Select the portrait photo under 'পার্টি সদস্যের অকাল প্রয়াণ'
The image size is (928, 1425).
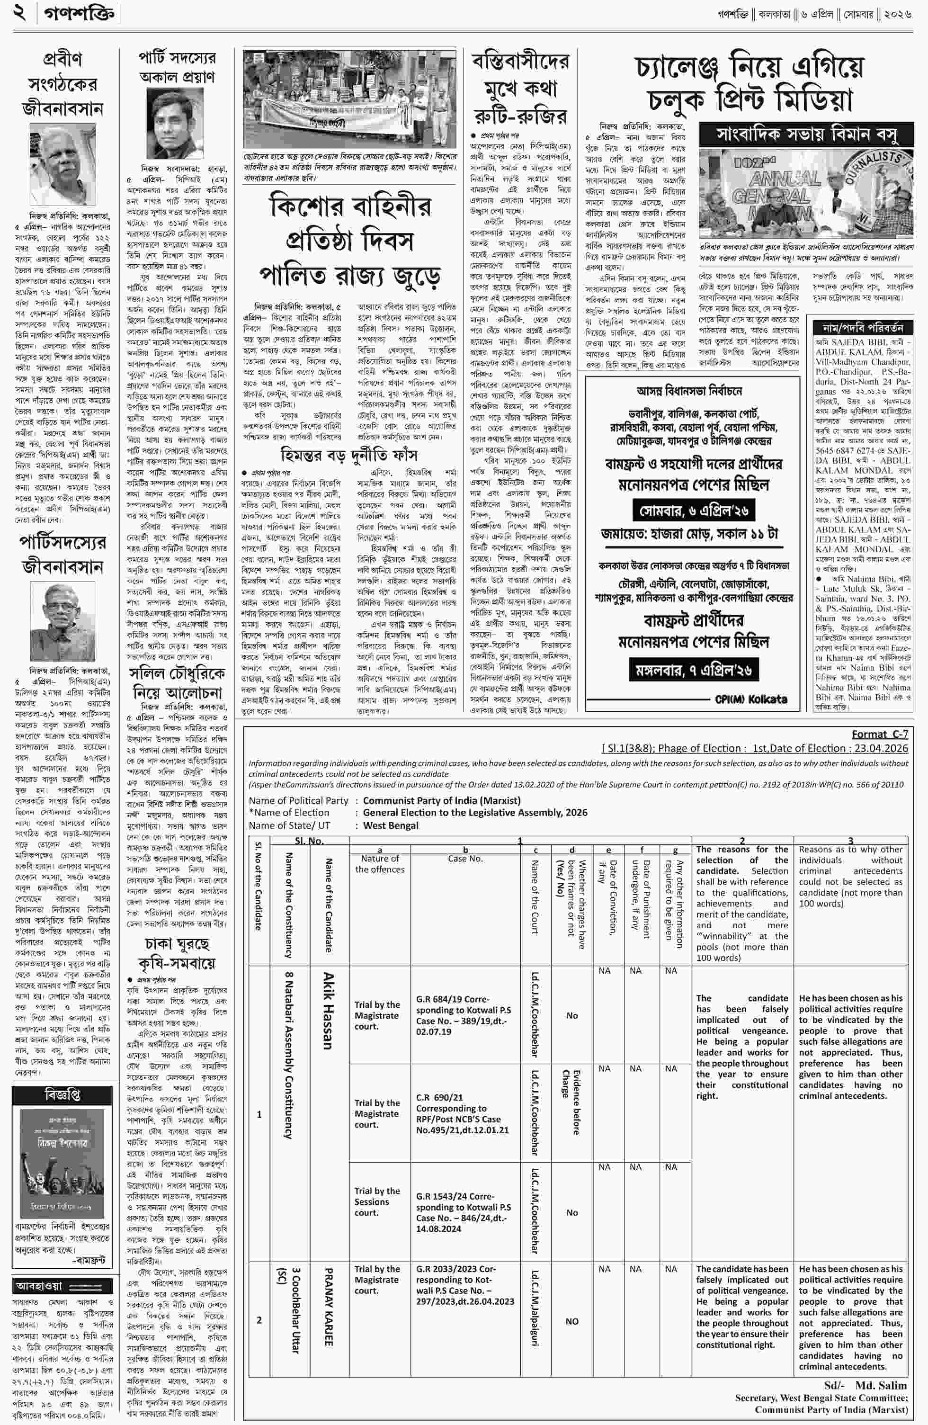(x=175, y=123)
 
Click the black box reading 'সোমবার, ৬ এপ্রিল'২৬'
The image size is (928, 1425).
(x=693, y=511)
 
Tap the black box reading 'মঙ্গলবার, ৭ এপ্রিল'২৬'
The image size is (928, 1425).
(x=693, y=669)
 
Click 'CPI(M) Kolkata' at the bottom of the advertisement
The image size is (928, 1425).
(x=751, y=699)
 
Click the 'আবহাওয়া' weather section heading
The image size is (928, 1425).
(x=39, y=1286)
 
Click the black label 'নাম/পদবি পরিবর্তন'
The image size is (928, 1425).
(x=862, y=328)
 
